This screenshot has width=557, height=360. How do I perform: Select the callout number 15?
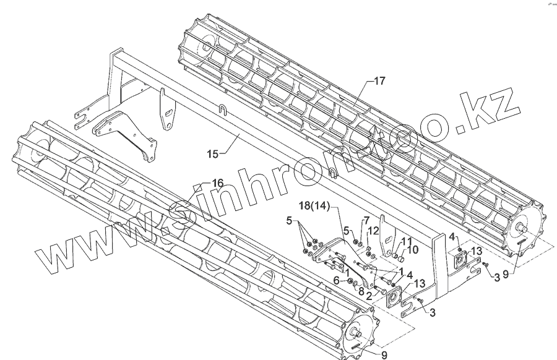point(213,153)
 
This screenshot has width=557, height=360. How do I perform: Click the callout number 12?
point(371,231)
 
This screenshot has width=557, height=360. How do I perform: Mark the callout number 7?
point(366,220)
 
